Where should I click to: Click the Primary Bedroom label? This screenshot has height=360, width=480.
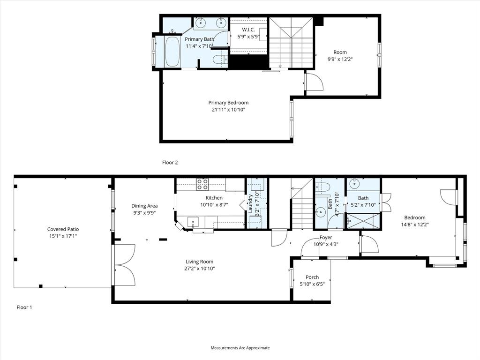point(228,103)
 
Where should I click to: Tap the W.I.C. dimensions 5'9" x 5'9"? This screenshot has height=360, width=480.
point(248,37)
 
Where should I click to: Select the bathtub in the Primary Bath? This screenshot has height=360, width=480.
point(172,52)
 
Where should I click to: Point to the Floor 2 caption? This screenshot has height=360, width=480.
point(170,163)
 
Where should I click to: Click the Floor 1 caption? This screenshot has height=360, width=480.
point(24,307)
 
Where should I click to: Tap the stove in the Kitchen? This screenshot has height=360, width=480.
point(202,184)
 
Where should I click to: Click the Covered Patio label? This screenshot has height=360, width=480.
point(63,229)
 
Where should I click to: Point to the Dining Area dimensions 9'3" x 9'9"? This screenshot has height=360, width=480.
point(144,212)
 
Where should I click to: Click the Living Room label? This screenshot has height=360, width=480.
point(199,262)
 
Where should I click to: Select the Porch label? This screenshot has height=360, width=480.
point(312,277)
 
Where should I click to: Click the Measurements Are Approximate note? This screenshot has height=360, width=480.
point(240,348)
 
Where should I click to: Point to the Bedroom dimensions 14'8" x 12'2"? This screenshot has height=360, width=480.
point(415,224)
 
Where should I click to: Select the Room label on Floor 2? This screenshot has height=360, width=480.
point(340,52)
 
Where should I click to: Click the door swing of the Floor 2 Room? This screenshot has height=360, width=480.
point(314,82)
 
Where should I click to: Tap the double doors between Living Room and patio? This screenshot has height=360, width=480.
point(124,265)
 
